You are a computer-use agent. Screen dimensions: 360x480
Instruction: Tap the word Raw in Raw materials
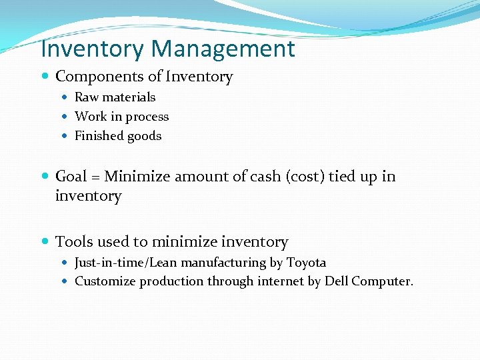(87, 97)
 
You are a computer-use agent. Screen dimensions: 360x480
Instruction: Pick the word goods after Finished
(145, 136)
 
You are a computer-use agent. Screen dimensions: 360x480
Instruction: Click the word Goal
(71, 177)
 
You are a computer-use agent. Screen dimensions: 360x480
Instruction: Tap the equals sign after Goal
(96, 177)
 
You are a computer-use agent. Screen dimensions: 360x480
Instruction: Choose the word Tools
(73, 242)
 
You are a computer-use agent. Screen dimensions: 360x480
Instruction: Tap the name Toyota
(306, 263)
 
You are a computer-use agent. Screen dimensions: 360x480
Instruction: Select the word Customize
(102, 281)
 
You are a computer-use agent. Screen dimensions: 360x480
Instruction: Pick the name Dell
(336, 281)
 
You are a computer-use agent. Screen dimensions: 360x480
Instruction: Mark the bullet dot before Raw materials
(67, 97)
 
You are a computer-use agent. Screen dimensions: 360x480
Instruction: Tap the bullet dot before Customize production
(67, 281)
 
